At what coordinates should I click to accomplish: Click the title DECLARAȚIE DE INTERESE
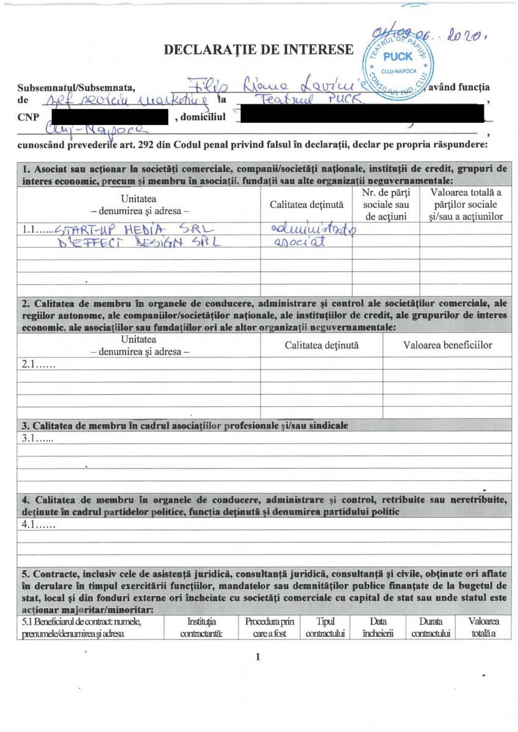pyautogui.click(x=259, y=49)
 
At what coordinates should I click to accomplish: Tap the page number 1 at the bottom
pyautogui.click(x=259, y=657)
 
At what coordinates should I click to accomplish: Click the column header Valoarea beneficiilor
pyautogui.click(x=447, y=345)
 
